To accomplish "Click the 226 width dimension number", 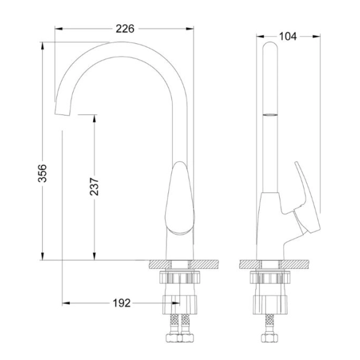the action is pos(125,29).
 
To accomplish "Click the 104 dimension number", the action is pos(288,37).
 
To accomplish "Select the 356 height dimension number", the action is pos(42,173).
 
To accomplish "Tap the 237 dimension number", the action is pos(94,186).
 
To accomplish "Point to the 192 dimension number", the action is pos(121,303).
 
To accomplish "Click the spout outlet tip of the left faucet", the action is pos(62,113).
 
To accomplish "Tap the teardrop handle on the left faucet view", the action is pos(179,198).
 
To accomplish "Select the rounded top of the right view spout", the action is pos(270,45).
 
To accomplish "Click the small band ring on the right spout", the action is pos(270,115).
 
